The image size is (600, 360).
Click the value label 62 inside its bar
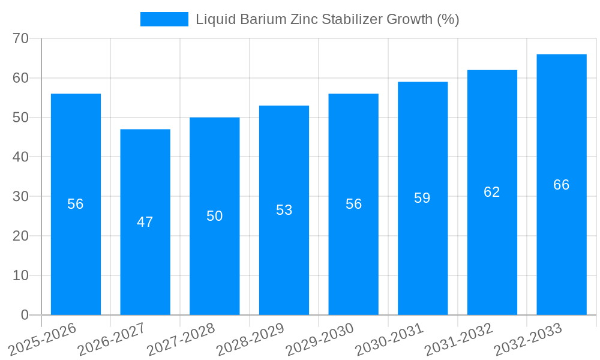[x=492, y=192]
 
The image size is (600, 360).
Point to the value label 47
[x=145, y=222]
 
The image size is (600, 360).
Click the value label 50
[x=215, y=216]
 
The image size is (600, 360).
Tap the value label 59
[x=422, y=198]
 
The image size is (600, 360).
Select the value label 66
[x=562, y=185]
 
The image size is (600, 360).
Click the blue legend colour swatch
[x=164, y=19]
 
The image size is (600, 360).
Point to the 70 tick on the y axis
[x=21, y=38]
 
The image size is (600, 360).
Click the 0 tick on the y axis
[x=25, y=315]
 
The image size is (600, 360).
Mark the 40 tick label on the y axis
[x=21, y=157]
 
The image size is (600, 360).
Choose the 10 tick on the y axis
[x=21, y=275]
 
